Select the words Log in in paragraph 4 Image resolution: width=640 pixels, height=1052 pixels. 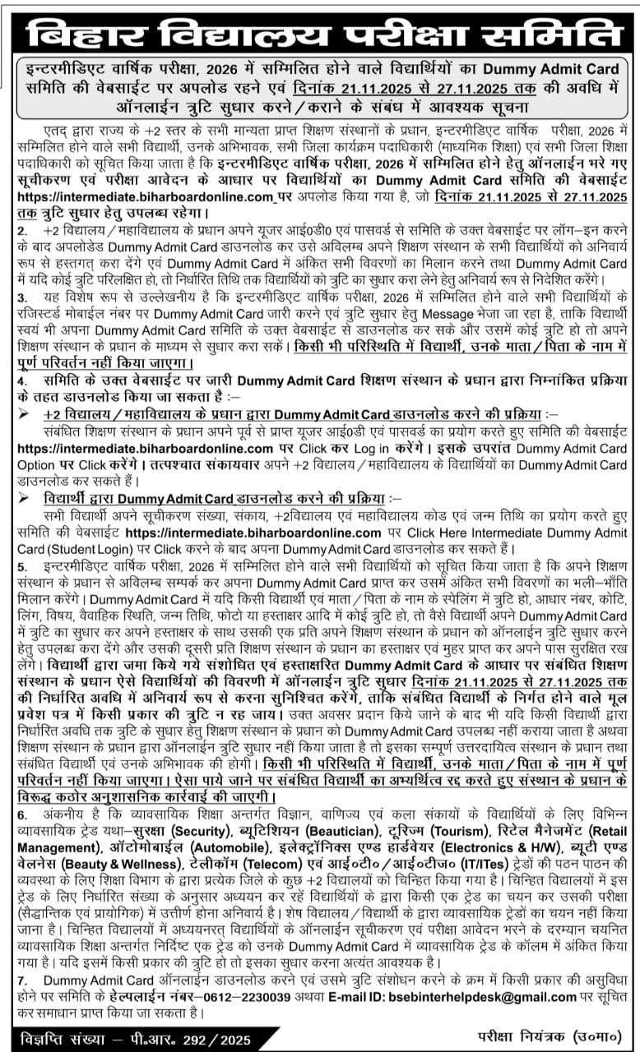point(373,448)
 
